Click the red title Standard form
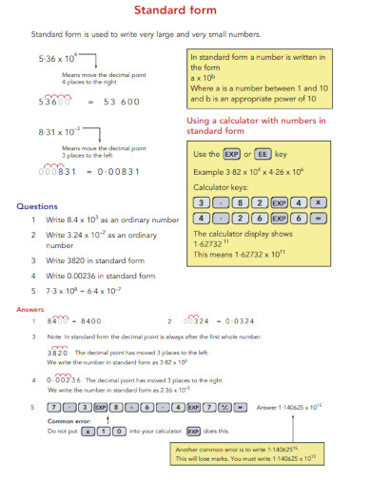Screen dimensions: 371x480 (185, 11)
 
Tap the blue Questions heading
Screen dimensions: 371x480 (38, 205)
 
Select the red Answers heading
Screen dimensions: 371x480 (31, 310)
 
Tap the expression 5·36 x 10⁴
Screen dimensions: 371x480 (58, 58)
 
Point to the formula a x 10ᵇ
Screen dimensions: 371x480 (205, 77)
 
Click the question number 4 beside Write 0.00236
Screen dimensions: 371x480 (32, 276)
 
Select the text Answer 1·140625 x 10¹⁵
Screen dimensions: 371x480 (290, 407)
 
